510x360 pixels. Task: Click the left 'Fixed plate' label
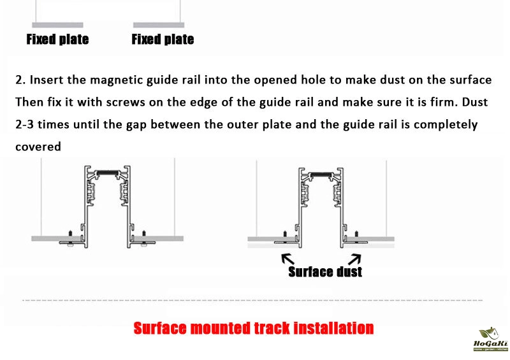pyautogui.click(x=57, y=40)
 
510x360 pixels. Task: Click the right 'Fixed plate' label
pyautogui.click(x=163, y=40)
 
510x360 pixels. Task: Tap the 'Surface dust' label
pyautogui.click(x=325, y=272)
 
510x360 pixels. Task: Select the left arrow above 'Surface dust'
pyautogui.click(x=288, y=259)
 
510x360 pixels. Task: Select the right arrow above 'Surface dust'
pyautogui.click(x=354, y=259)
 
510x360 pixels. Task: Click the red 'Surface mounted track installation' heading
pyautogui.click(x=254, y=328)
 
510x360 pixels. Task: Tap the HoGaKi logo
pyautogui.click(x=491, y=339)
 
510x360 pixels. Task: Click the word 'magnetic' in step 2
pyautogui.click(x=117, y=80)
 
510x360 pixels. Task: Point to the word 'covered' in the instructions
pyautogui.click(x=38, y=147)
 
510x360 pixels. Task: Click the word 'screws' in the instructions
pyautogui.click(x=126, y=103)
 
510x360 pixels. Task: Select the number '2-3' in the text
pyautogui.click(x=24, y=124)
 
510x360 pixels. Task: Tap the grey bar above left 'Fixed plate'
pyautogui.click(x=57, y=25)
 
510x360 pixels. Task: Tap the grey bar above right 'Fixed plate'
pyautogui.click(x=159, y=25)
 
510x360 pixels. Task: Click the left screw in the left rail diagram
pyautogui.click(x=70, y=238)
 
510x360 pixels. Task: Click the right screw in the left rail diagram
pyautogui.click(x=144, y=238)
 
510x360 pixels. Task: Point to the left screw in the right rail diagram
pyautogui.click(x=285, y=237)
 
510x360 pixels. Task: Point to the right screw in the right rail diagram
pyautogui.click(x=356, y=237)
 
